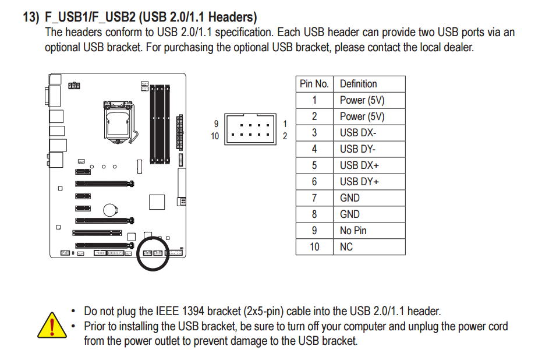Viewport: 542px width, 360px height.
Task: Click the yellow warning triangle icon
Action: [52, 324]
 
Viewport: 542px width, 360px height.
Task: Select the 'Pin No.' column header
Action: [314, 84]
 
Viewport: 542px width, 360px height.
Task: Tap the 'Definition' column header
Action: [358, 84]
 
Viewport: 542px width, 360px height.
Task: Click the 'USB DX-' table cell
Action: [358, 133]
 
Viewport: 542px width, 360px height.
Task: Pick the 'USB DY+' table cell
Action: [359, 182]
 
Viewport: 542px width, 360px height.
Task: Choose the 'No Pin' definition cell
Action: [353, 231]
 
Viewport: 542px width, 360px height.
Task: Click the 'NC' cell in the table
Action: [346, 247]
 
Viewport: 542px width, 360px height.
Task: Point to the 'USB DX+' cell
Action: [359, 165]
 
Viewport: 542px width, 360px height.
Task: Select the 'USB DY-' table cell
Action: [358, 149]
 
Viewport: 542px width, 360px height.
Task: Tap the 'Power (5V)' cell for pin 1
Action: [362, 100]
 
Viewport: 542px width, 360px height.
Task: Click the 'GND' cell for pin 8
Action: [350, 214]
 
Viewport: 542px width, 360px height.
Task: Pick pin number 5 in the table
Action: [314, 165]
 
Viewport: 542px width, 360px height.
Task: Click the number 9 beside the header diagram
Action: [216, 123]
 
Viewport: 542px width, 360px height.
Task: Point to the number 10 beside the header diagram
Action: [215, 136]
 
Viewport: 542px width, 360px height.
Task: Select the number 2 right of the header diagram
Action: [285, 136]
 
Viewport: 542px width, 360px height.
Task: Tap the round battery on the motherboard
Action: [111, 210]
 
